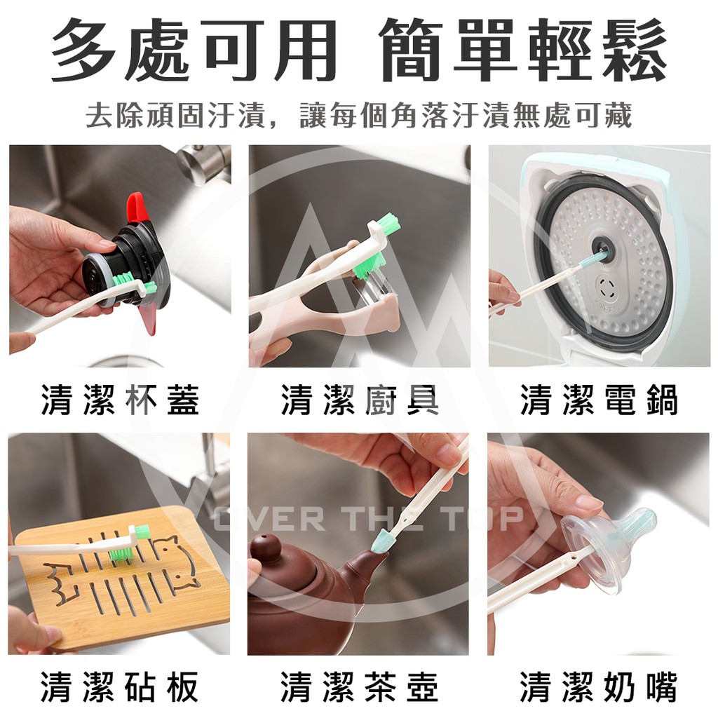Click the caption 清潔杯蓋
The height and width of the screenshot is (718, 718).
click(x=121, y=400)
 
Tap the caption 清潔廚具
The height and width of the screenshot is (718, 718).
click(x=360, y=400)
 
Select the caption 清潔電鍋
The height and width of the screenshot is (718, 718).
click(x=600, y=400)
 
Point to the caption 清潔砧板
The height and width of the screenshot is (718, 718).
click(x=119, y=686)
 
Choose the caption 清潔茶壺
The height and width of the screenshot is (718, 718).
click(x=360, y=686)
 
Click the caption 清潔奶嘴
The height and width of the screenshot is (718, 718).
click(x=599, y=686)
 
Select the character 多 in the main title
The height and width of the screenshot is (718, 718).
click(x=83, y=50)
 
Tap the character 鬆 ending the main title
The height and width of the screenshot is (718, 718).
click(x=634, y=50)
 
